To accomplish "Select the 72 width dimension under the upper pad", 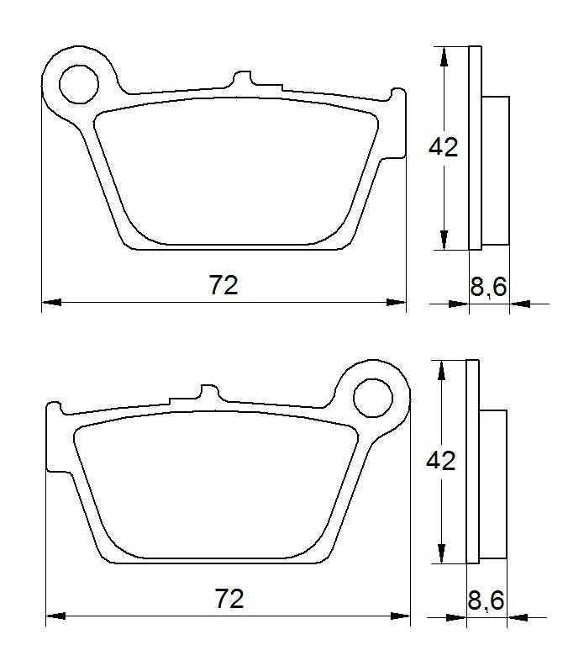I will [x=224, y=285].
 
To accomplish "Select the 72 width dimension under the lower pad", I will [x=229, y=599].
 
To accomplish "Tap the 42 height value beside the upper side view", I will [x=444, y=147].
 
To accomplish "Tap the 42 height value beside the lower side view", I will [x=441, y=461].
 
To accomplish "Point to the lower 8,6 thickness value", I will [x=486, y=600].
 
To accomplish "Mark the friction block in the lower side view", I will [x=493, y=483].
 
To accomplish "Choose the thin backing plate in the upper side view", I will [x=475, y=147].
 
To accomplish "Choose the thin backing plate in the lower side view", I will [x=471, y=461].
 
